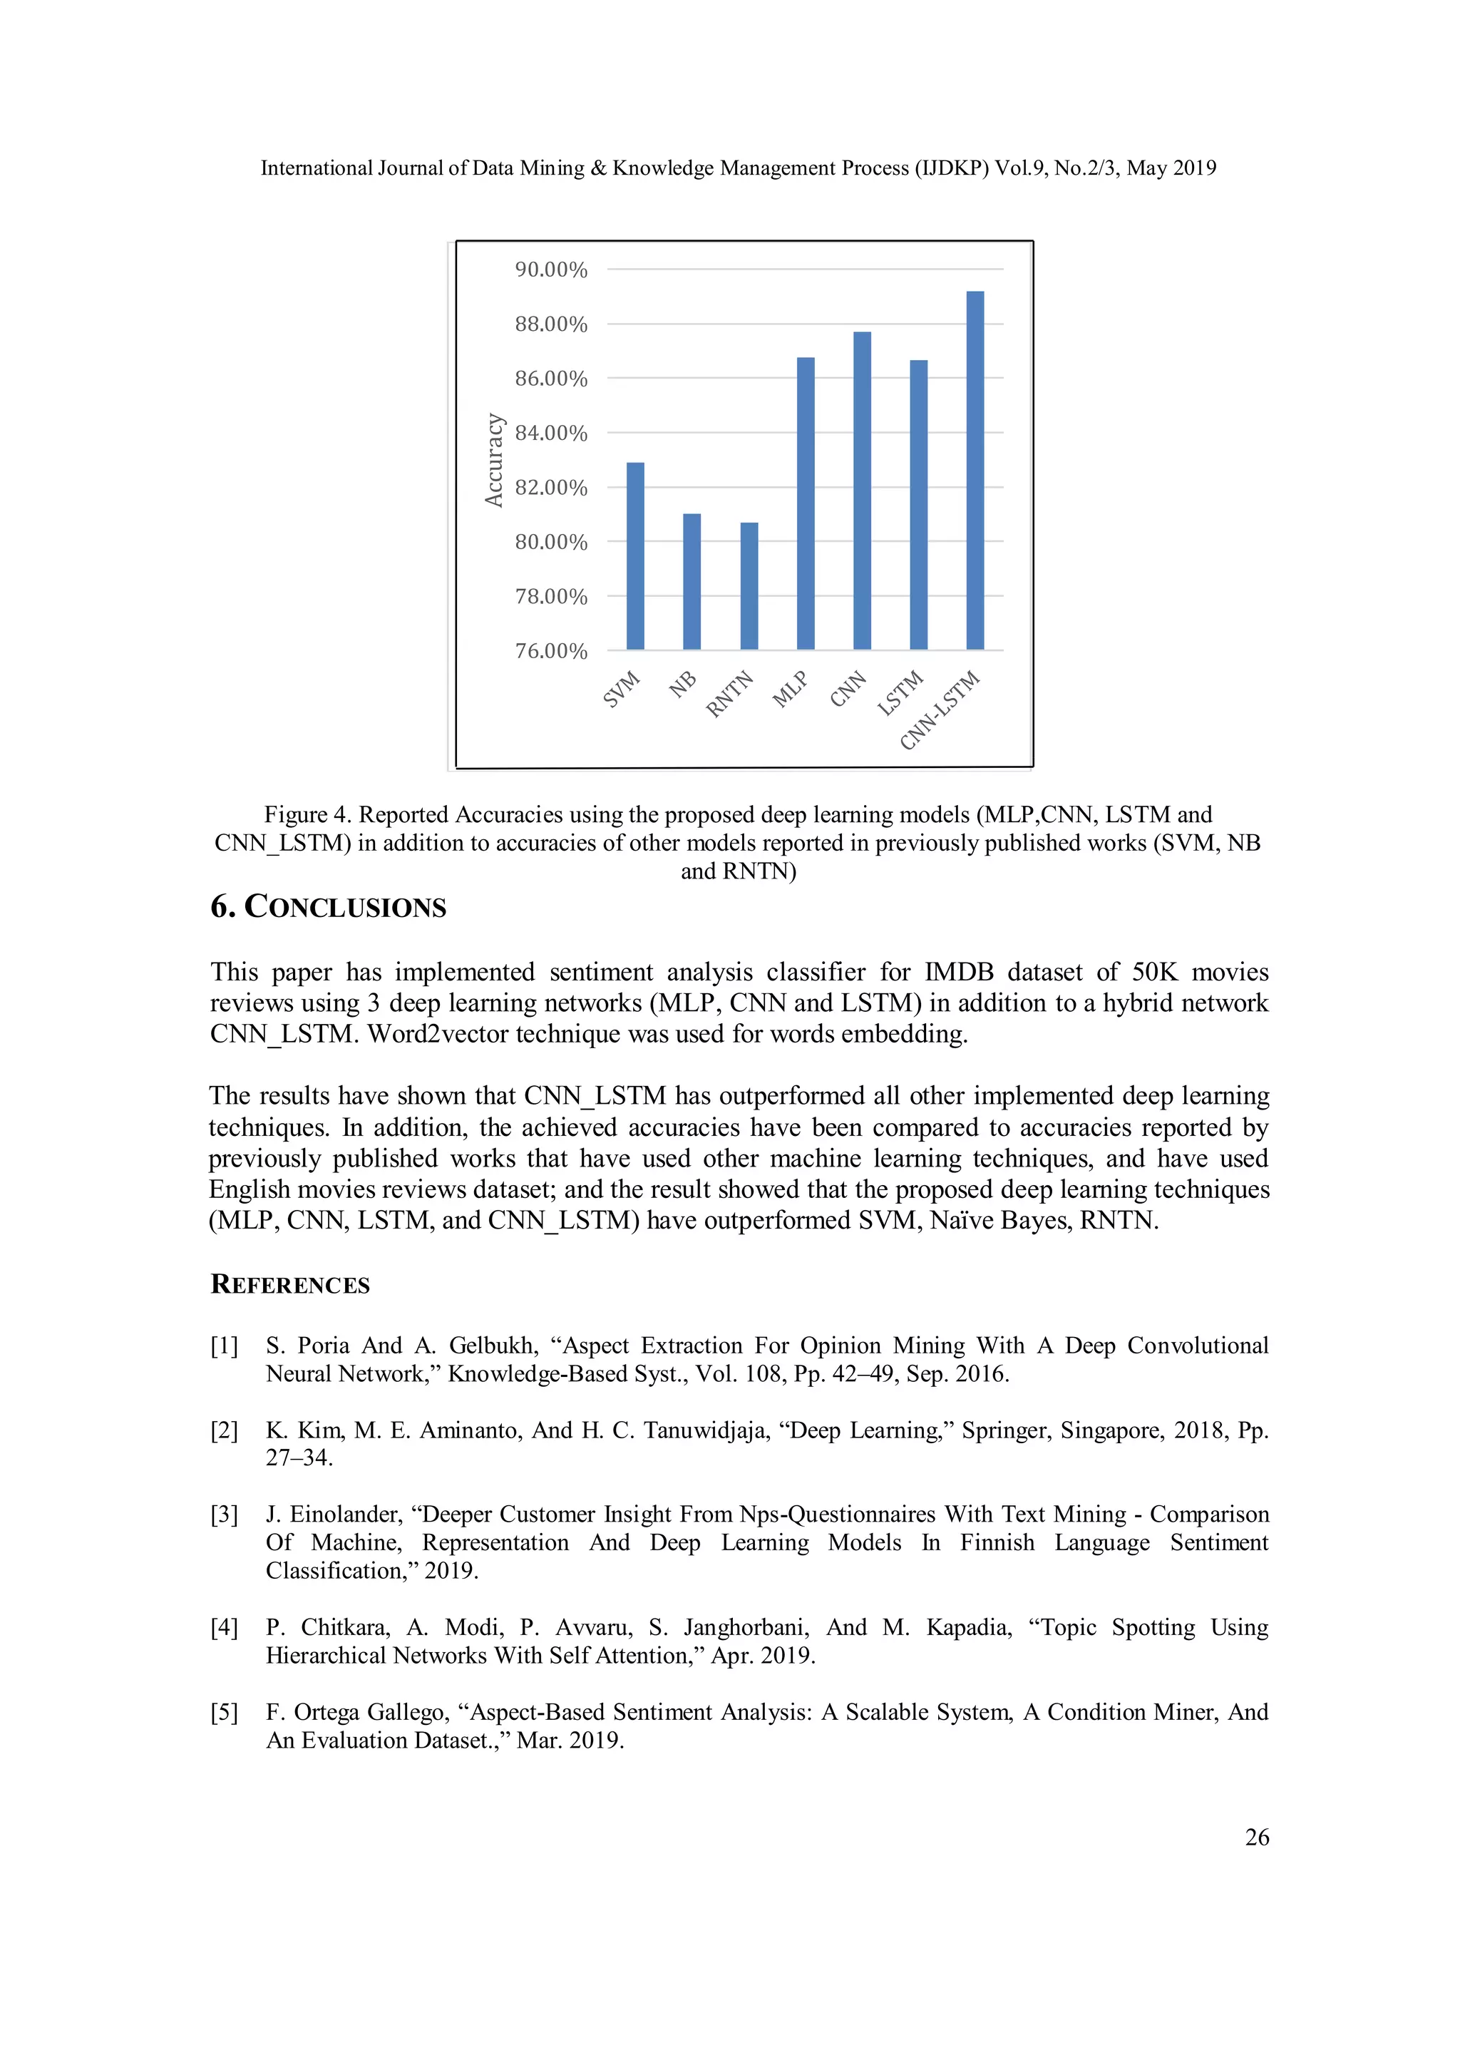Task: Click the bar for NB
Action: click(692, 582)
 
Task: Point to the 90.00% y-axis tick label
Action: click(550, 270)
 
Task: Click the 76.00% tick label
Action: click(550, 651)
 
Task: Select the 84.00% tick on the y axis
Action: click(550, 434)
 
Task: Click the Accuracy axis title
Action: click(493, 460)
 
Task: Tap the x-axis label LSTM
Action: click(901, 692)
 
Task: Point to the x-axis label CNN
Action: click(848, 689)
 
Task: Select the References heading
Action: click(289, 1284)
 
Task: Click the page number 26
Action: click(1256, 1837)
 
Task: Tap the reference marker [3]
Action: click(224, 1515)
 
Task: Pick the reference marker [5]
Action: click(224, 1713)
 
